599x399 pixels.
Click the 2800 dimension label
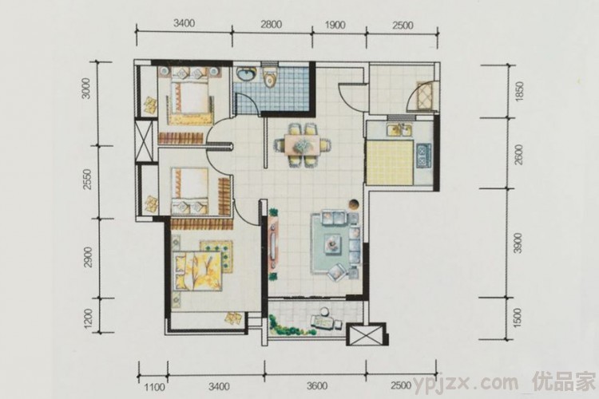[271, 25]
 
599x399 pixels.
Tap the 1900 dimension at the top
[335, 25]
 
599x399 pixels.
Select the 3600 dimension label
[317, 385]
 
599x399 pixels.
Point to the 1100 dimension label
[155, 387]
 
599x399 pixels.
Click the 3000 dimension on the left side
[87, 89]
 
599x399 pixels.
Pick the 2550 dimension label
[88, 180]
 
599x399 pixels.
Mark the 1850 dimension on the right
[518, 92]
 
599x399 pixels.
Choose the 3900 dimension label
[518, 243]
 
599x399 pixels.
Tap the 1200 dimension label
[88, 318]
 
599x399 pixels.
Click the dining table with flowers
[303, 144]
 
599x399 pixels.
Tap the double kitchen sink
[399, 130]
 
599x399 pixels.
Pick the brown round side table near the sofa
[354, 204]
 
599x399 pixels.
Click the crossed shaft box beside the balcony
[366, 335]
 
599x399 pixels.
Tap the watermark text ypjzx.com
[466, 382]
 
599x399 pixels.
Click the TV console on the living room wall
[273, 243]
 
